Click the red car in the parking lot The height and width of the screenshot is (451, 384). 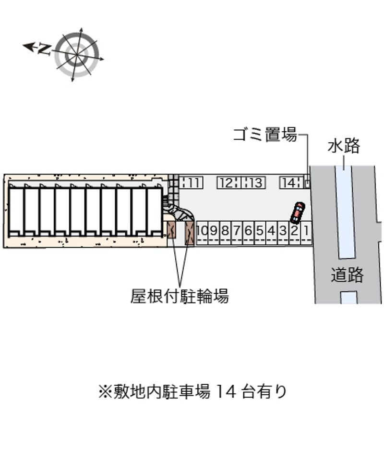click(298, 213)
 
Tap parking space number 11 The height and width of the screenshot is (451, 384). click(191, 183)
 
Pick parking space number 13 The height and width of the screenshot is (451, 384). click(253, 183)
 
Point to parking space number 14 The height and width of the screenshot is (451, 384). click(291, 183)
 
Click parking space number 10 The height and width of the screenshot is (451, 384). click(202, 233)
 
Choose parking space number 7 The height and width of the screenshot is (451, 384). click(237, 233)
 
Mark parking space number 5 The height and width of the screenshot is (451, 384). click(260, 233)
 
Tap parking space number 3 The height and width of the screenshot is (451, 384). click(283, 233)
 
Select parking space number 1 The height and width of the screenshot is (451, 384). click(306, 233)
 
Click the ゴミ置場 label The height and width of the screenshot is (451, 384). click(264, 134)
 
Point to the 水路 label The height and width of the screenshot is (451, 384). click(344, 146)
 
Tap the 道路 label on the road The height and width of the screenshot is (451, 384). click(347, 275)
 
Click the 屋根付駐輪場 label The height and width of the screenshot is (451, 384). click(180, 296)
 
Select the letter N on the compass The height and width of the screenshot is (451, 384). click(44, 49)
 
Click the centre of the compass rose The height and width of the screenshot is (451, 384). click(77, 55)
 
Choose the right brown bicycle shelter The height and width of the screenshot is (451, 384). click(190, 233)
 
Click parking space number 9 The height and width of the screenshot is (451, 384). click(214, 233)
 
